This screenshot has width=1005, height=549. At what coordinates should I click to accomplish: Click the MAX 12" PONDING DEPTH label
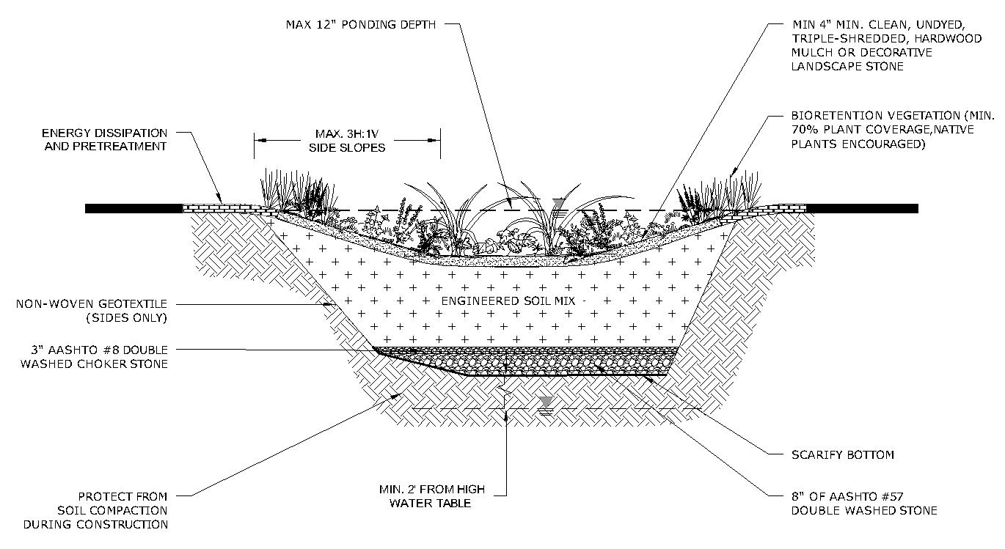360,24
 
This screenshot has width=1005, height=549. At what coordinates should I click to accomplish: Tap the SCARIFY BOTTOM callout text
843,455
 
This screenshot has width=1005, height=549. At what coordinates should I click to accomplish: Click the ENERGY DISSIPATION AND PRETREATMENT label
104,139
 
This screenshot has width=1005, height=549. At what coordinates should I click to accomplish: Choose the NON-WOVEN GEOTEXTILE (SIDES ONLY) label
92,310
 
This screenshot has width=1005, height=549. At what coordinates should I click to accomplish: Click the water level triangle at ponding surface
559,203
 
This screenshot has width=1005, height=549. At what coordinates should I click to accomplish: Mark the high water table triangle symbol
544,401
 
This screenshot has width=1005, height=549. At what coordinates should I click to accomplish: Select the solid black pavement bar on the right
862,208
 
